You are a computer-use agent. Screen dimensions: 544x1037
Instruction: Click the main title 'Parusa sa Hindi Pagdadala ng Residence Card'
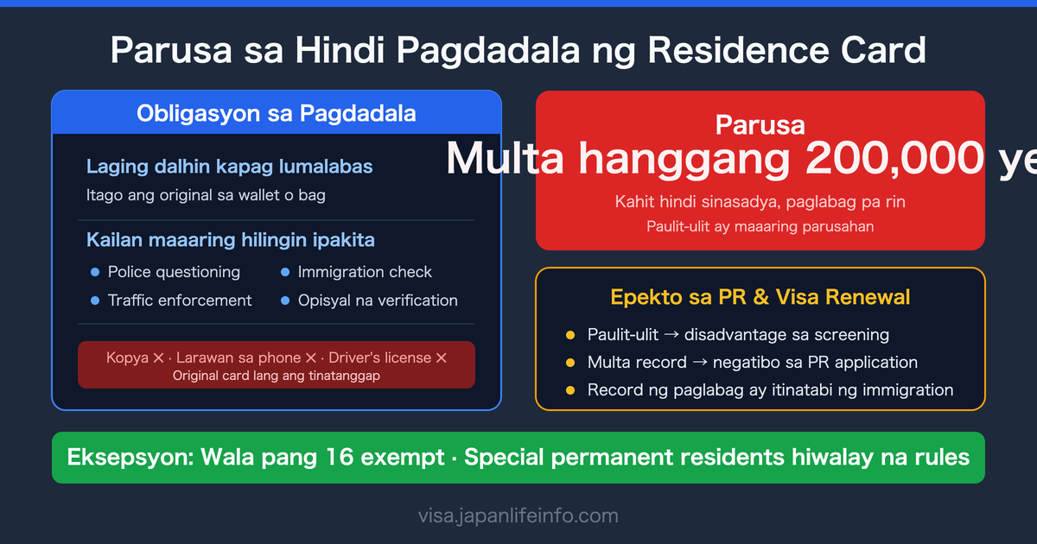tap(518, 51)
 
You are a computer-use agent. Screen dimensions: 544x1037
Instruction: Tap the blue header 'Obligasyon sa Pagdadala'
tap(277, 113)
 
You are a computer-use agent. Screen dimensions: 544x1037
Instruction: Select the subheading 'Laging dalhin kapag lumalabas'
tap(230, 166)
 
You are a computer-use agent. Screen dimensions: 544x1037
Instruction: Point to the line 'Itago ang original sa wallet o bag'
tap(206, 195)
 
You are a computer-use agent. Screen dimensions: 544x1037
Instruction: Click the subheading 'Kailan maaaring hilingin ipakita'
tap(231, 239)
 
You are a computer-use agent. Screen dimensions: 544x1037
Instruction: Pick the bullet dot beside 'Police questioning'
tap(95, 273)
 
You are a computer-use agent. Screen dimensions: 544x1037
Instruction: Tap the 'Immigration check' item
tap(365, 272)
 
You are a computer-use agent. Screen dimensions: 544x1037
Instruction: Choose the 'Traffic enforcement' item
tap(180, 300)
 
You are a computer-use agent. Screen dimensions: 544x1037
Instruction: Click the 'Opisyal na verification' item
tap(378, 300)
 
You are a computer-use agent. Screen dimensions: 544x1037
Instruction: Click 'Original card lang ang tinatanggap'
tap(277, 376)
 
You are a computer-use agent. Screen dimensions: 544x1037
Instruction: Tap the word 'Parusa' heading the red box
tap(760, 125)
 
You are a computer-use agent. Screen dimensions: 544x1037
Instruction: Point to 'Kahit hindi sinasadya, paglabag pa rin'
tap(760, 202)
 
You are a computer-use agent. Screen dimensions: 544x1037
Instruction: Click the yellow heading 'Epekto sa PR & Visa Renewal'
tap(760, 298)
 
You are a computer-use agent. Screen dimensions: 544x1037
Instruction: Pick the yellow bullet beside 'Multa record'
tap(570, 363)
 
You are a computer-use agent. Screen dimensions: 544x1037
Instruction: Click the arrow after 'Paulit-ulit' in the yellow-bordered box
tap(670, 335)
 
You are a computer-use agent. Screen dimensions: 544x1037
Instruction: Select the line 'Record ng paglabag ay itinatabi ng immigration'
tap(770, 390)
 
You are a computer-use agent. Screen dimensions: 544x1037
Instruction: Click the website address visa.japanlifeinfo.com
tap(518, 516)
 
